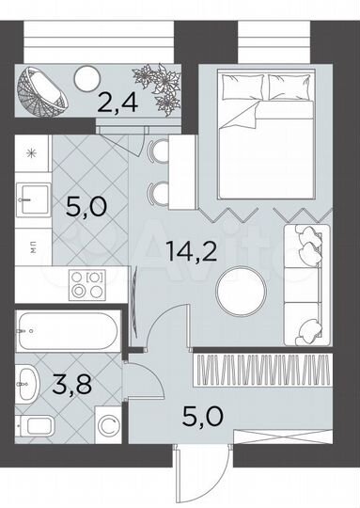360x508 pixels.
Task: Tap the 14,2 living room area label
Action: point(185,251)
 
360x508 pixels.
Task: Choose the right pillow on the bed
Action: point(292,87)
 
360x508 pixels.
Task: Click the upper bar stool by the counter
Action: point(156,151)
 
